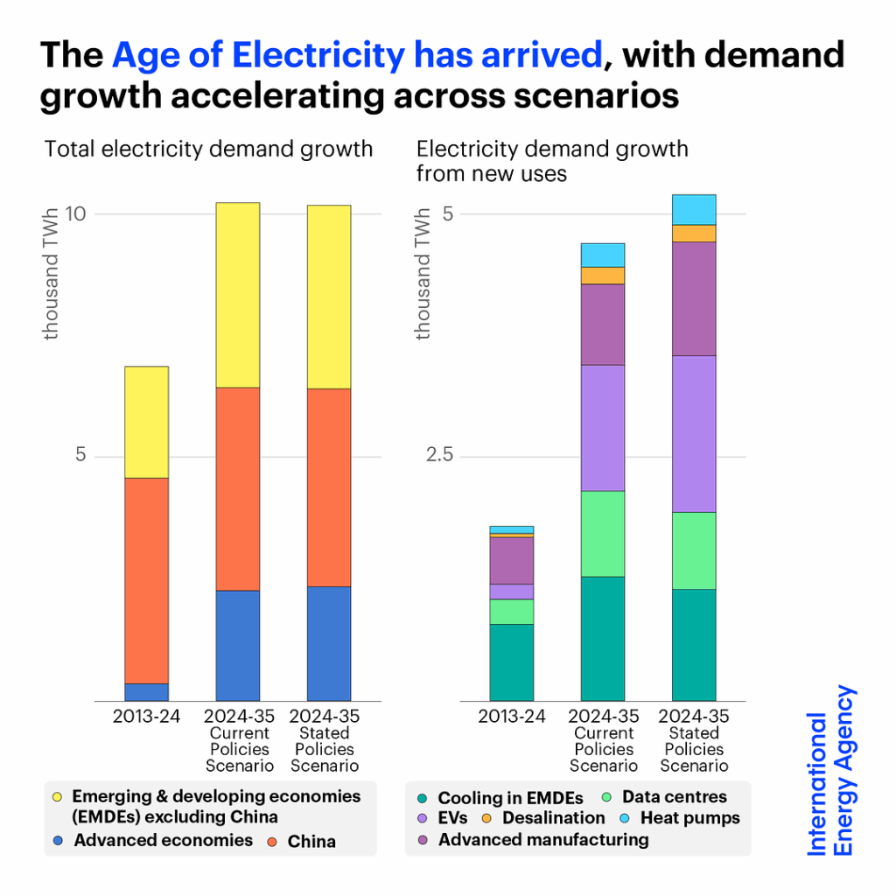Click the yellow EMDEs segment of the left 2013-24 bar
[x=146, y=422]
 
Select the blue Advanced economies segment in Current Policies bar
[x=237, y=645]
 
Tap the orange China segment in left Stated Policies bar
[x=328, y=487]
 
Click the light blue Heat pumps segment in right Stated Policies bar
[x=694, y=210]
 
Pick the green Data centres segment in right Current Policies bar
[x=603, y=534]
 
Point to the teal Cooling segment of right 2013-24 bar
[x=511, y=661]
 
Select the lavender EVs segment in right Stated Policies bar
[x=694, y=433]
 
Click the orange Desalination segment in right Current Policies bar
[x=603, y=276]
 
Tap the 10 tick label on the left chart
[x=77, y=214]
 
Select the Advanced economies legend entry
[x=163, y=841]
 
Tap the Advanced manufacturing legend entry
[x=542, y=840]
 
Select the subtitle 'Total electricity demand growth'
[x=208, y=149]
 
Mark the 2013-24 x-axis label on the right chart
[x=511, y=717]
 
